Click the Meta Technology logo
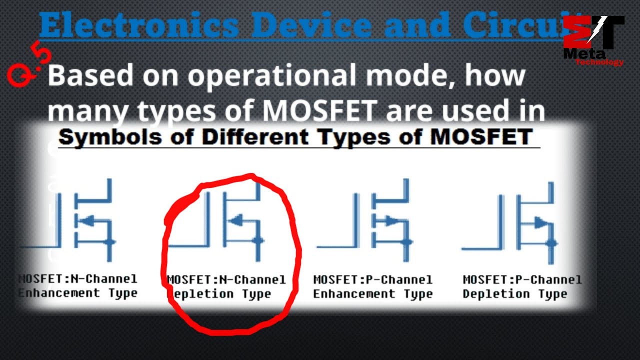point(593,40)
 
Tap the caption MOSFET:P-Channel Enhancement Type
point(372,286)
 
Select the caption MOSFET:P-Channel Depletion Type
point(522,286)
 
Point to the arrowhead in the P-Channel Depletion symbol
point(540,222)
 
